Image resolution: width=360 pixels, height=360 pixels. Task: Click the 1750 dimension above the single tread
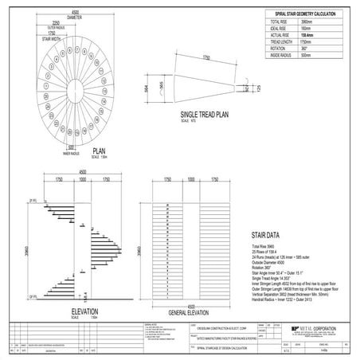205,58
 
